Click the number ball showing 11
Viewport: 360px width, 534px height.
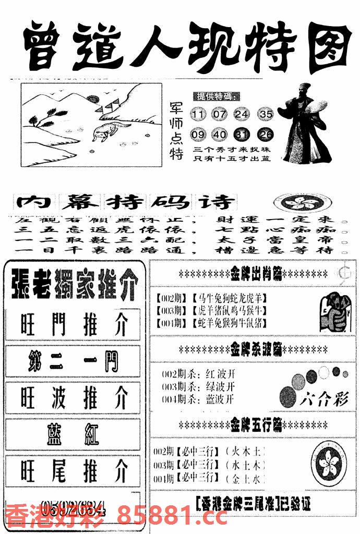coord(199,114)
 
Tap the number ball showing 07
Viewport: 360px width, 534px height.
coord(220,114)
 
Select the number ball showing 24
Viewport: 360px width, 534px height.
coord(242,114)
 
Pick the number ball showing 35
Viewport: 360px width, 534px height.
coord(266,114)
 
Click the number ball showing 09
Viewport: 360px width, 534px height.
coord(199,135)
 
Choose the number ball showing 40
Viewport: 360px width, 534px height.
coord(220,135)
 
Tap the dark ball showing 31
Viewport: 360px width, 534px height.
coord(242,135)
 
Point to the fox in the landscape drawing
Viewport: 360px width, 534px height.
coord(104,131)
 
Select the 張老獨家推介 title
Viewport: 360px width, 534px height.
coord(73,284)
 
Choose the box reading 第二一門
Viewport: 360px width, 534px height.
coord(74,361)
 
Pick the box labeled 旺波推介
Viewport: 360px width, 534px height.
coord(74,398)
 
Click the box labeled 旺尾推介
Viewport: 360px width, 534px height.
coord(74,471)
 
